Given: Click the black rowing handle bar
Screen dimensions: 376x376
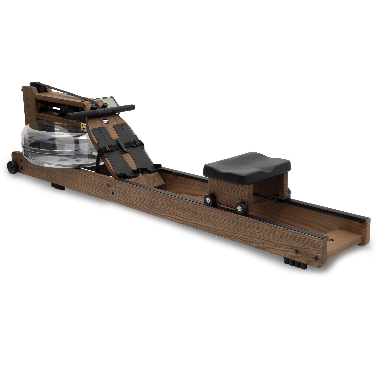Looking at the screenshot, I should (x=100, y=111).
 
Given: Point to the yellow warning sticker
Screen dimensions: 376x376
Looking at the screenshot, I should (x=82, y=125).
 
